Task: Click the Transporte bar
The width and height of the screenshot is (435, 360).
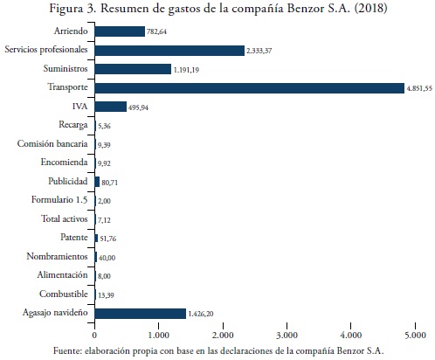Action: [x=250, y=88]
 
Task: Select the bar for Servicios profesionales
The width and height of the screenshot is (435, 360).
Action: [x=169, y=51]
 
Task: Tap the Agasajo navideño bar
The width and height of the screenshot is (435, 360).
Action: [x=141, y=314]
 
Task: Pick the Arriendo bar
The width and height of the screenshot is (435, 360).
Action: [x=120, y=31]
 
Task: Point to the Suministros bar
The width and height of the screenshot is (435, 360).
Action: [x=133, y=69]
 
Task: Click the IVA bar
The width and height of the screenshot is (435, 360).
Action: [x=111, y=107]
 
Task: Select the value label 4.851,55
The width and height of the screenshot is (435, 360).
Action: [x=419, y=88]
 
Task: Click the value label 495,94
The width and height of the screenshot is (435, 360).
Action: [x=138, y=107]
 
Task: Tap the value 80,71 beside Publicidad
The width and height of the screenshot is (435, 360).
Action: [x=110, y=183]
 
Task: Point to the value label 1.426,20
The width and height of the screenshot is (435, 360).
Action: [x=201, y=314]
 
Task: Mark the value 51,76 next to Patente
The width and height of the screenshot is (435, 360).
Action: [x=108, y=239]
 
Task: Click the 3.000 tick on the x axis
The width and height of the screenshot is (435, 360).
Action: [x=287, y=336]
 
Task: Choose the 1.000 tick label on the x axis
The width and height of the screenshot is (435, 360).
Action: [x=158, y=336]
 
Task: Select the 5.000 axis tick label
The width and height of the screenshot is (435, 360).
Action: [x=415, y=336]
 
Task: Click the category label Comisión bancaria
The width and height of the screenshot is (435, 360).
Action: [x=52, y=143]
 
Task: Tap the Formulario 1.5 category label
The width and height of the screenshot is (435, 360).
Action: [x=59, y=200]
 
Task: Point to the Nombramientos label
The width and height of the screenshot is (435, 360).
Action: [x=57, y=256]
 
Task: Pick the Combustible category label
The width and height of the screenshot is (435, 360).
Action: [x=64, y=294]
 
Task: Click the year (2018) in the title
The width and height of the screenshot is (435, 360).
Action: [x=371, y=8]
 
